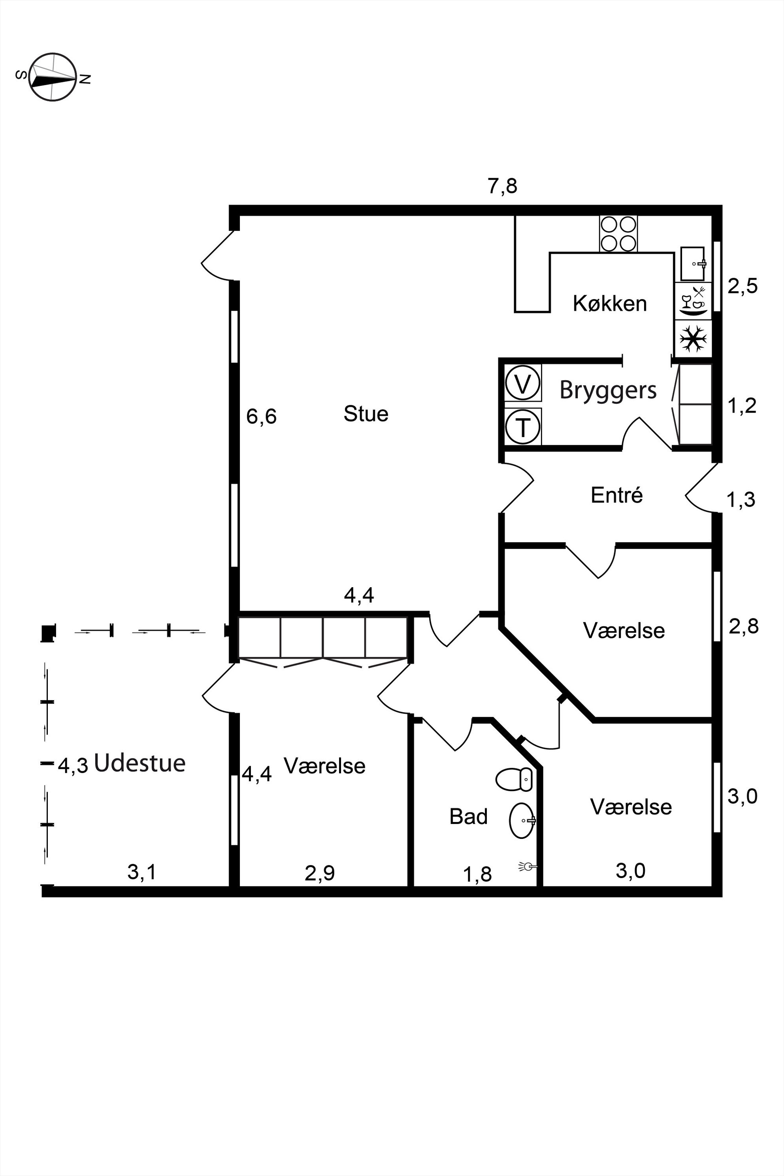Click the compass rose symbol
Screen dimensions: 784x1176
[x=53, y=77]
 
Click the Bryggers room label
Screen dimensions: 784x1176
[x=608, y=390]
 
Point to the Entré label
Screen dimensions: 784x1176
[x=616, y=495]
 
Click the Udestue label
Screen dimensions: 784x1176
[x=139, y=763]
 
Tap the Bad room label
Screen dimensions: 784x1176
[x=469, y=816]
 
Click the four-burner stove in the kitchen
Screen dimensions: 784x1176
[x=618, y=234]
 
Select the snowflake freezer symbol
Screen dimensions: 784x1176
[x=693, y=339]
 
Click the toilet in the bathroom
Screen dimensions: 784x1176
[x=514, y=780]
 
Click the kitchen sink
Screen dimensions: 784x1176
[x=693, y=264]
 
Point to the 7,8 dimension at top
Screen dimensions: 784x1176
[x=503, y=187]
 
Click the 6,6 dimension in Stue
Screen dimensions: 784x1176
[x=262, y=416]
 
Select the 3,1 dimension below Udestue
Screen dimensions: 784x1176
[x=142, y=873]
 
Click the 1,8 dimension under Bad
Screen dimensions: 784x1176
[x=477, y=874]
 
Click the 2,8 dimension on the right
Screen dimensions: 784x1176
[x=744, y=626]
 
